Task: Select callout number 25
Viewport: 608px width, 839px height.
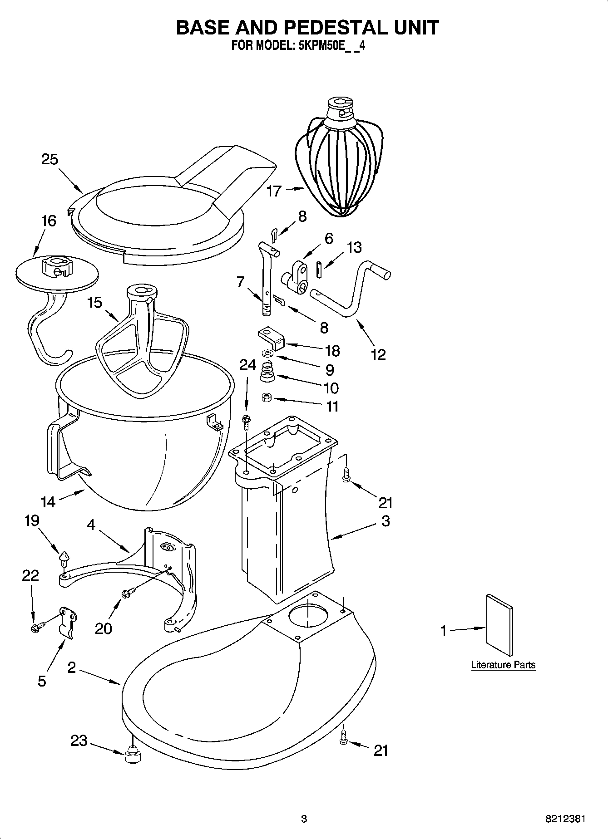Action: coord(50,159)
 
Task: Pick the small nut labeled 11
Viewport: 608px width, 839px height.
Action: coord(267,398)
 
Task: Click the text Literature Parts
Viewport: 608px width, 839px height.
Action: coord(503,665)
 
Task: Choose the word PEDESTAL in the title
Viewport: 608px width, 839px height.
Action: coord(332,27)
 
